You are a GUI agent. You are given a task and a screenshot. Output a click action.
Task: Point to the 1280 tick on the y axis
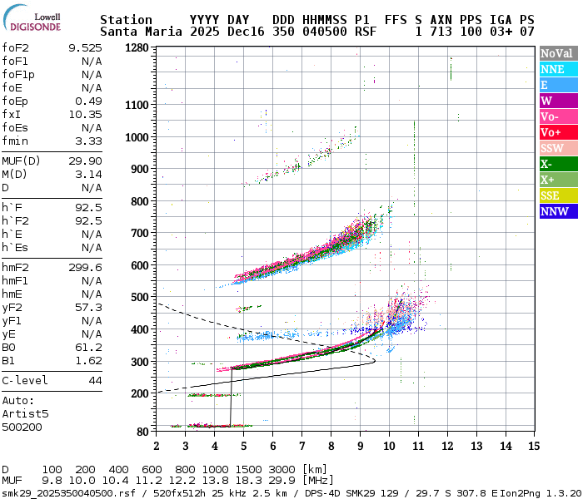click(x=137, y=48)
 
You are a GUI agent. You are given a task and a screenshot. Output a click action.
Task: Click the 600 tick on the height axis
click(x=137, y=265)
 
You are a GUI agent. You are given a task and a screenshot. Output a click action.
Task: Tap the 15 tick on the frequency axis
click(x=534, y=445)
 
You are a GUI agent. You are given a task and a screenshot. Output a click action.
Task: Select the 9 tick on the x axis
click(x=360, y=445)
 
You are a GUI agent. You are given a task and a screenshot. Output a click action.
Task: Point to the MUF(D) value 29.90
click(x=85, y=161)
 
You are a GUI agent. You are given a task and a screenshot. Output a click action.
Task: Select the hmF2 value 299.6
click(x=85, y=267)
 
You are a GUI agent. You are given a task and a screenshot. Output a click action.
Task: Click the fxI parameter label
click(x=12, y=114)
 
